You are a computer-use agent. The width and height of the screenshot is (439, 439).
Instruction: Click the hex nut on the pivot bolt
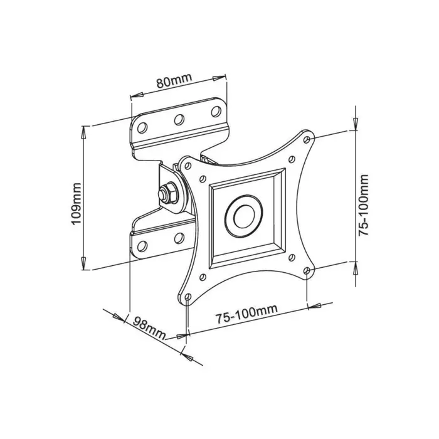(x=167, y=193)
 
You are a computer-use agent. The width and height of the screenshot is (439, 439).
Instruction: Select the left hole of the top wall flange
(x=142, y=127)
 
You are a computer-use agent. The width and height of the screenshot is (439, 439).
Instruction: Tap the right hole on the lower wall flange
(x=178, y=238)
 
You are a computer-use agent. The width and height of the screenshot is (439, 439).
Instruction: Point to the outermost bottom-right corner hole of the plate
(x=307, y=272)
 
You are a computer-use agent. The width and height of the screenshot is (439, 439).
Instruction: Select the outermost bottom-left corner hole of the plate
(x=188, y=299)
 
